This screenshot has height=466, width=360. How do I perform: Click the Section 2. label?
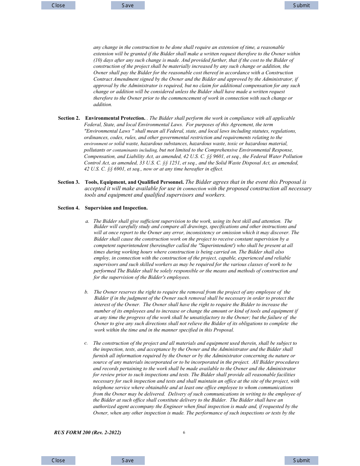[69, 118]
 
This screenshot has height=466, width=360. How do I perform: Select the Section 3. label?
[69, 182]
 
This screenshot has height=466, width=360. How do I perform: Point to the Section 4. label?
[69, 208]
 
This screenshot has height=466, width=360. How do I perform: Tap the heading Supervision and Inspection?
[116, 208]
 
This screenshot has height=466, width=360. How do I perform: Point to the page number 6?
[184, 433]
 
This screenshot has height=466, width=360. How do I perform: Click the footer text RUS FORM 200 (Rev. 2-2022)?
[88, 433]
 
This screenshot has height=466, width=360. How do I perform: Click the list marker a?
[87, 221]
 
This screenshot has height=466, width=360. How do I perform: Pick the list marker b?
[86, 292]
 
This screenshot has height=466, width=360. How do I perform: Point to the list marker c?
[86, 343]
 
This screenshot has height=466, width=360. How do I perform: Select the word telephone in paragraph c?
[103, 388]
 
